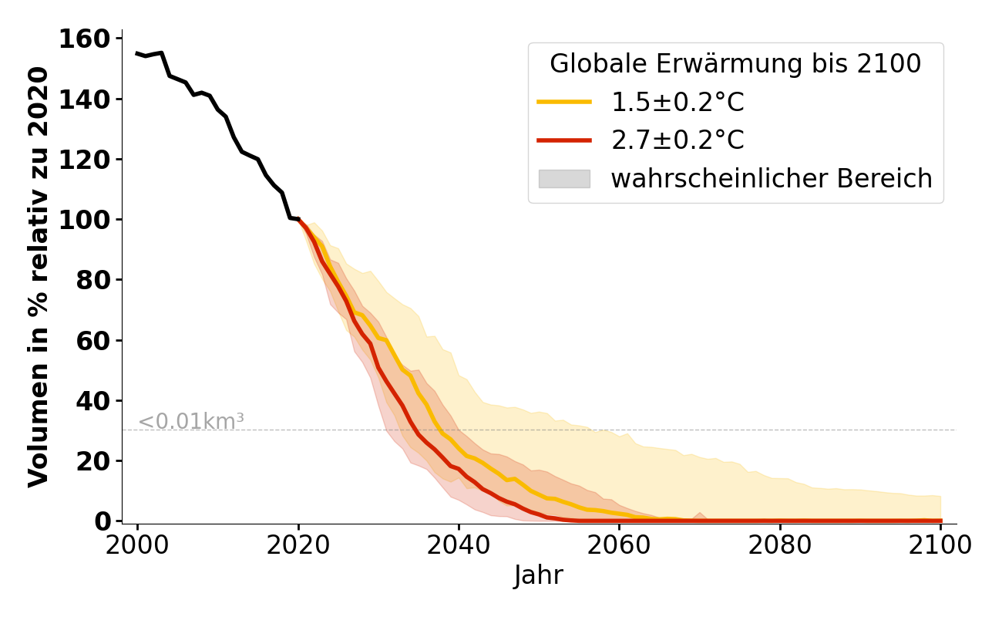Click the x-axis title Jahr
point(539,576)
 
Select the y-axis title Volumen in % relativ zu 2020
point(39,277)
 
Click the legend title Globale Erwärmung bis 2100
point(735,64)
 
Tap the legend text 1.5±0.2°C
point(678,102)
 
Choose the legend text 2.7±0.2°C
point(678,140)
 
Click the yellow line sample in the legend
point(564,102)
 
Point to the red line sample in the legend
point(564,140)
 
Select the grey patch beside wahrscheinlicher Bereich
point(564,179)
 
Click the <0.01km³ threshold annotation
point(191,422)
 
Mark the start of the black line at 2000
point(137,53)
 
